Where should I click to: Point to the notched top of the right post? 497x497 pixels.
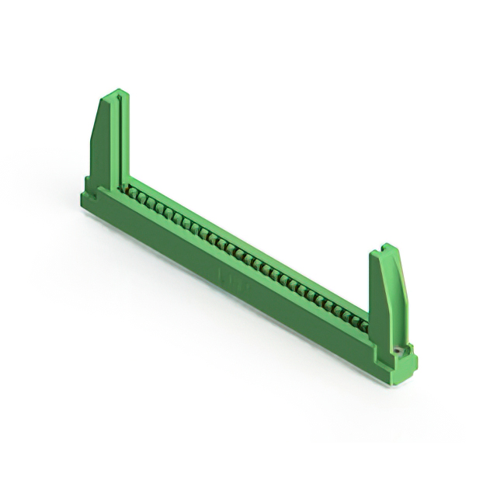click(x=389, y=249)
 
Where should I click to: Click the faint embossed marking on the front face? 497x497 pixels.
click(x=230, y=276)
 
